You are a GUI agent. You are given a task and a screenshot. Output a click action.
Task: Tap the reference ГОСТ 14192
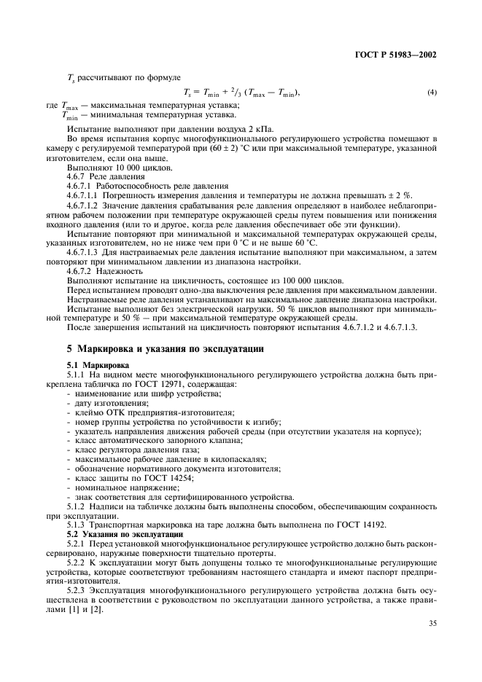354,525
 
